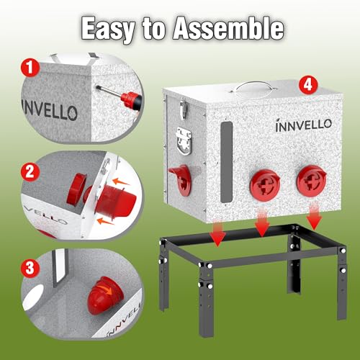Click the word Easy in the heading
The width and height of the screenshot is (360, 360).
(x=108, y=29)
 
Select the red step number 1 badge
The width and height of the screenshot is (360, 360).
(x=30, y=68)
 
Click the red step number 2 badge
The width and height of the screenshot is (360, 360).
(x=30, y=172)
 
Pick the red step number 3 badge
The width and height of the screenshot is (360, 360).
(x=30, y=268)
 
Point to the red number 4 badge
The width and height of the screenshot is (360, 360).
(x=308, y=84)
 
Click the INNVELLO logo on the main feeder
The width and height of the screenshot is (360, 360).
(x=304, y=125)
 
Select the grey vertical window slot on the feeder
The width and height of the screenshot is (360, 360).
(x=226, y=161)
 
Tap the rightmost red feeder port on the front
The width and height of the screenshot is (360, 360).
(x=312, y=181)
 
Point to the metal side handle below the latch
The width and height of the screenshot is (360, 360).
(x=184, y=140)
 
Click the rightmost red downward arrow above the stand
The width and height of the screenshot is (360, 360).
(x=314, y=216)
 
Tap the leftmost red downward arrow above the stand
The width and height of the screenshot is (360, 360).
(x=217, y=233)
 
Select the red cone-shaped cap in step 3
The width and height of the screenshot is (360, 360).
(x=106, y=295)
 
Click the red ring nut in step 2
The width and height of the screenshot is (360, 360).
(x=76, y=189)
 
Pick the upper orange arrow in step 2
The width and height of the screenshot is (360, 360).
(x=120, y=181)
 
